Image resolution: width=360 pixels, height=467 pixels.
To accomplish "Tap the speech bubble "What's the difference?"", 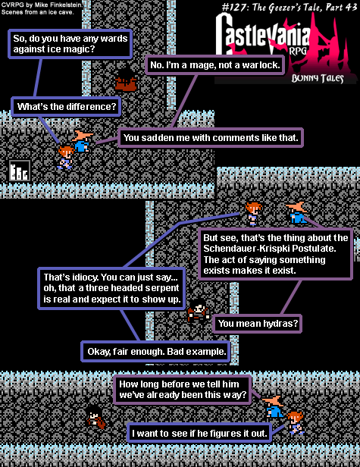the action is [x=66, y=106].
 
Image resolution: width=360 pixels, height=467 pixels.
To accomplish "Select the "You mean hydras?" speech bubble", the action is [x=258, y=324].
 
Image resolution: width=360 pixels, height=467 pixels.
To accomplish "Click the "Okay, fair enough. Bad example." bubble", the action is [x=156, y=352].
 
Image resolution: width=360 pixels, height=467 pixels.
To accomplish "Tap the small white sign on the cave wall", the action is [x=20, y=171].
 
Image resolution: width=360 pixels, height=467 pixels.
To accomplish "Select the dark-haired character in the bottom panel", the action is [x=95, y=417].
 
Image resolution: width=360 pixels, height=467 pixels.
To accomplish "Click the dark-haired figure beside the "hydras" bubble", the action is [x=199, y=311].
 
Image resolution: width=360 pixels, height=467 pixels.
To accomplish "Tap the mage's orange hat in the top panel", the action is [x=83, y=136].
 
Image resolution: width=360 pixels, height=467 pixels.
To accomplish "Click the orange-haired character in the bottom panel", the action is [x=296, y=423].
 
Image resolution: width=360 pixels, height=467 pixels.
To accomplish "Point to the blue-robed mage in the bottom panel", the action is [x=274, y=406].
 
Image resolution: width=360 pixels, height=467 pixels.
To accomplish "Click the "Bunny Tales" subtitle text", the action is [x=318, y=78].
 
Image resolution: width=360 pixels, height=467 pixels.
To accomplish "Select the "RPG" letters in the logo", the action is [x=298, y=50].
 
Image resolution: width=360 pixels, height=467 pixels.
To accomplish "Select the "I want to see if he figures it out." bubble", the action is [x=199, y=433].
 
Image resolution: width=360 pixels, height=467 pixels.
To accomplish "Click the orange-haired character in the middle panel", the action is [x=253, y=213].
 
